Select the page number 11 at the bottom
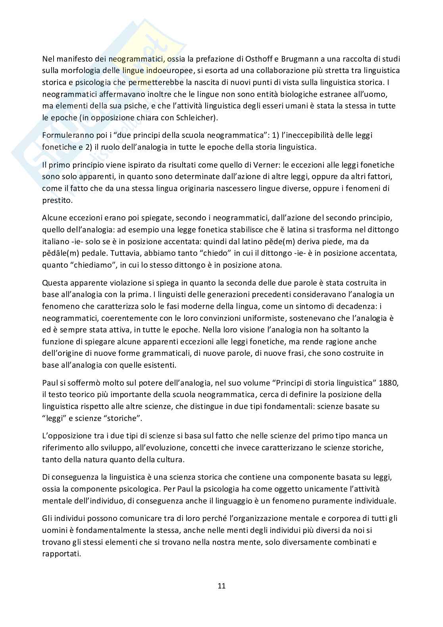click(x=221, y=586)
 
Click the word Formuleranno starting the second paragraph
click(x=65, y=135)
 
